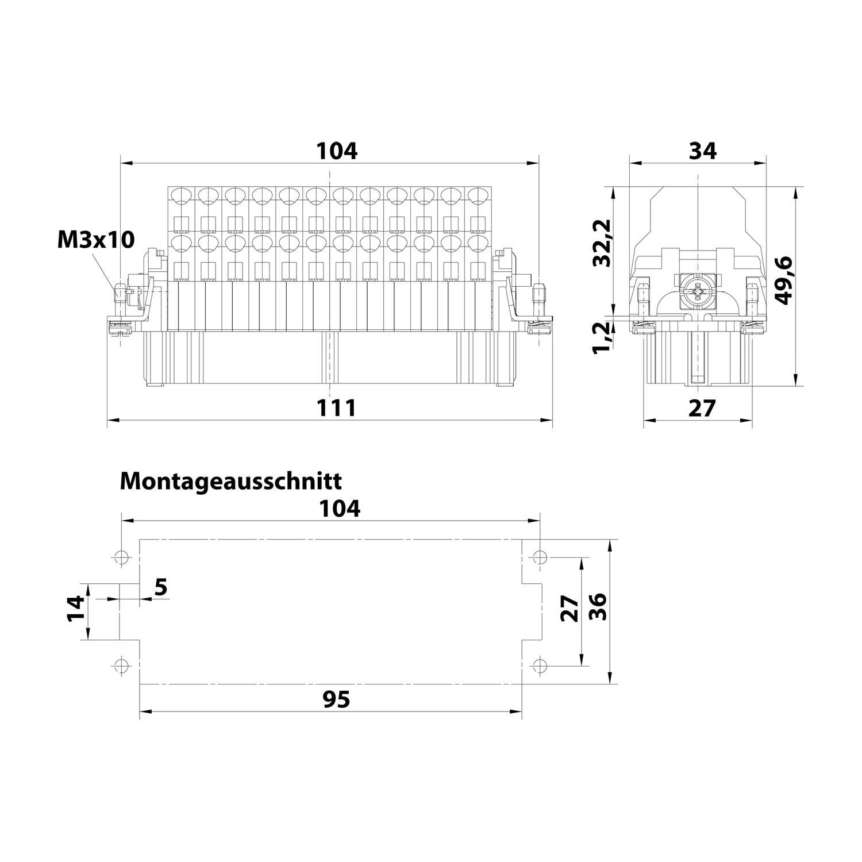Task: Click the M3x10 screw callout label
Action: click(x=96, y=239)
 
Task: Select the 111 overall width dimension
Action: click(x=337, y=407)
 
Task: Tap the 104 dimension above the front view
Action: click(x=337, y=151)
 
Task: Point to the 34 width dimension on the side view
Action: click(x=702, y=151)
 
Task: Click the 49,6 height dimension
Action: click(x=783, y=280)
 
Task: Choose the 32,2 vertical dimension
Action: click(x=602, y=243)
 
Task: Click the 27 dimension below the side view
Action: click(x=702, y=407)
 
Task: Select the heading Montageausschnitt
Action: click(x=230, y=480)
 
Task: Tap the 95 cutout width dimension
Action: click(x=336, y=699)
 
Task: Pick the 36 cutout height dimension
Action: click(x=598, y=607)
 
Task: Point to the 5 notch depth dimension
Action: click(x=161, y=587)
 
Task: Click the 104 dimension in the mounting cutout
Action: click(x=340, y=508)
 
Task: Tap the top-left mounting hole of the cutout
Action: click(x=121, y=557)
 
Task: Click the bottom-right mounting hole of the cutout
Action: click(x=539, y=665)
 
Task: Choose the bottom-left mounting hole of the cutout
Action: click(x=121, y=665)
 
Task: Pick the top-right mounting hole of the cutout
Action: click(x=539, y=557)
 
